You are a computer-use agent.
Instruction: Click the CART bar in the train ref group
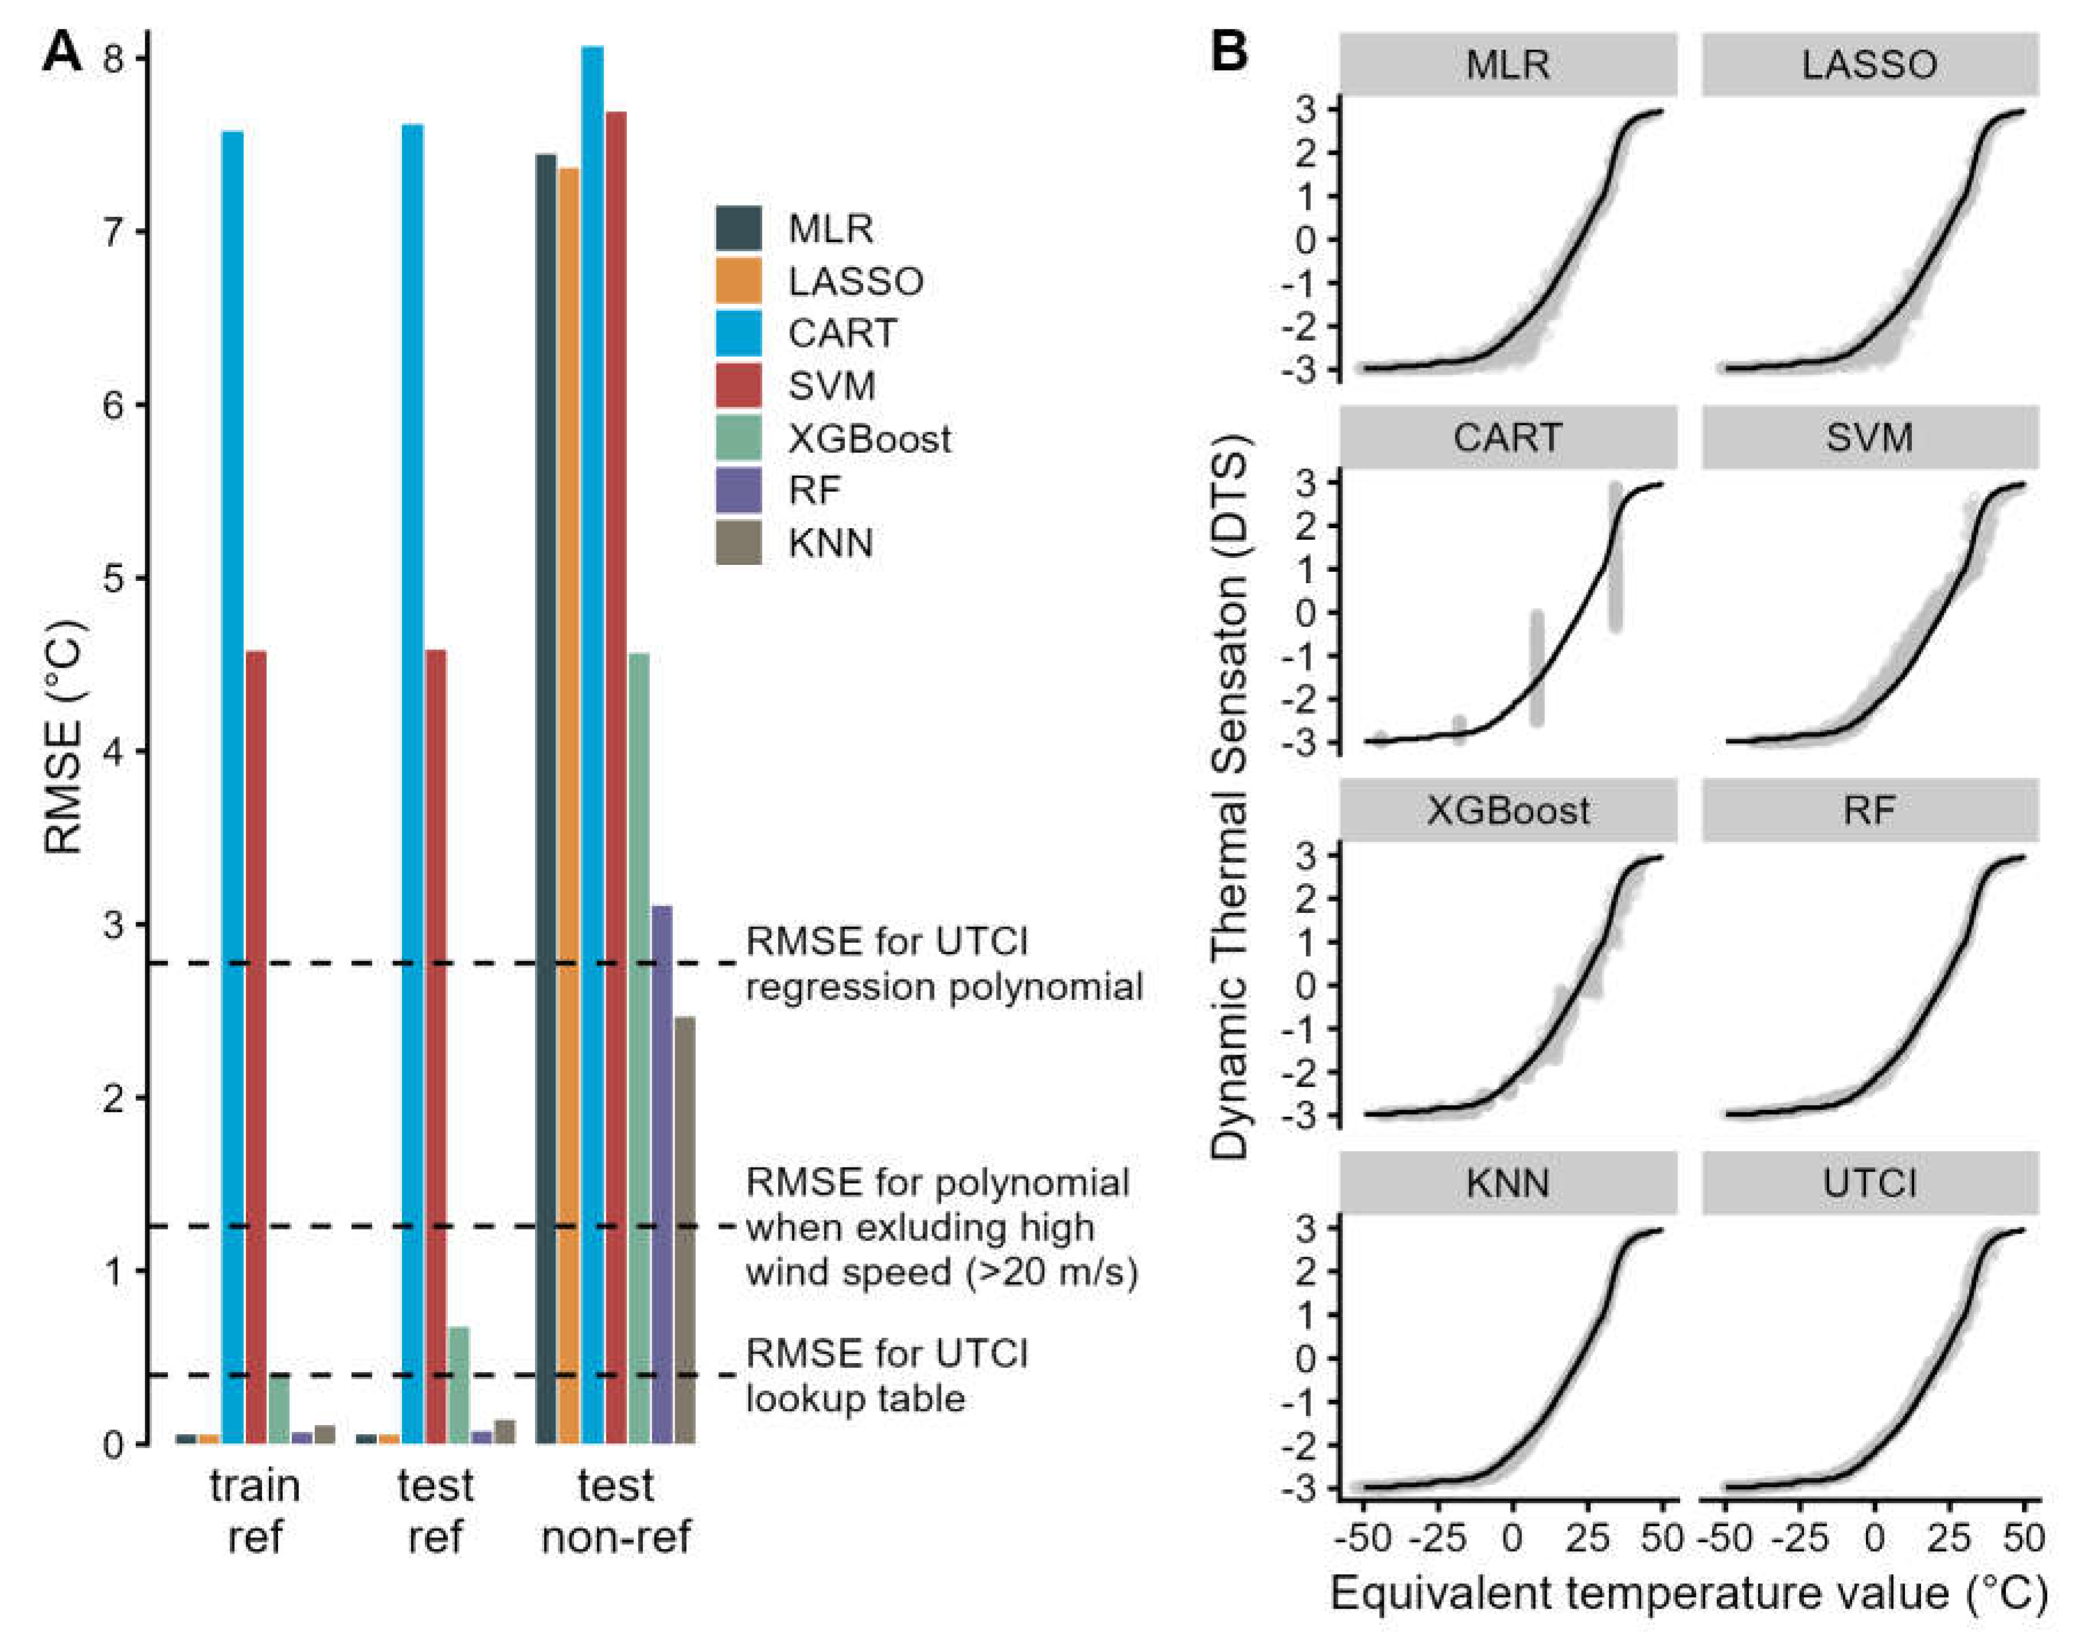click(232, 786)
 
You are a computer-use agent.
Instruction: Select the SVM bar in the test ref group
click(436, 1046)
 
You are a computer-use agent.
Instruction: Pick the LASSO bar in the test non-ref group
click(569, 805)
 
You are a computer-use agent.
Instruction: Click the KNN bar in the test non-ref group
click(685, 1230)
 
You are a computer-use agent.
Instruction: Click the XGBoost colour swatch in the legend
click(739, 438)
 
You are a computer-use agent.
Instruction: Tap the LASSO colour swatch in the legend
click(739, 280)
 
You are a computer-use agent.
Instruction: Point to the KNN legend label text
click(830, 543)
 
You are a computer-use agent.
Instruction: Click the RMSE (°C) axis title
click(65, 737)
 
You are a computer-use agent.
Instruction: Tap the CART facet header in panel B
click(1508, 438)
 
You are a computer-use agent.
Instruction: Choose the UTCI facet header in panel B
click(1869, 1183)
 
